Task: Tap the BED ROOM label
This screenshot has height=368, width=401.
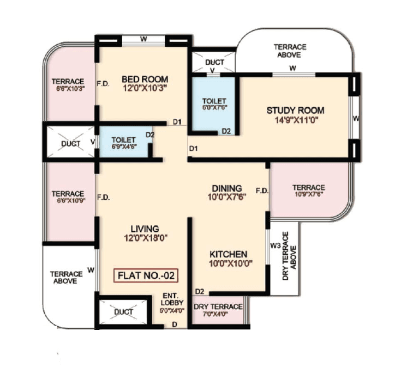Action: (x=145, y=78)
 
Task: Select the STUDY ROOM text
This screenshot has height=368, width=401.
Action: (x=292, y=111)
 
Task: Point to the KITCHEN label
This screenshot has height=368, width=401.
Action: (x=229, y=254)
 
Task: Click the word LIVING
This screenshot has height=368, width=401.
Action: (x=145, y=228)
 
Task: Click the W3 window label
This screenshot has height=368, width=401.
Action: (x=275, y=246)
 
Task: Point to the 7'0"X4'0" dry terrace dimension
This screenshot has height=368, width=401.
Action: (x=218, y=315)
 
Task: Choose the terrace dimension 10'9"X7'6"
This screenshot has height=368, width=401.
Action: (x=308, y=194)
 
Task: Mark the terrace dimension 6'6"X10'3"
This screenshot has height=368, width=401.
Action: (x=68, y=88)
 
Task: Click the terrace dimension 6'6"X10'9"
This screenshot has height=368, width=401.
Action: (x=68, y=200)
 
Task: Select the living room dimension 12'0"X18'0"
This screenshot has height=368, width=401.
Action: (x=145, y=237)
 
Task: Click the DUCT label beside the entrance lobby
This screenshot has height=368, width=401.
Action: (x=123, y=312)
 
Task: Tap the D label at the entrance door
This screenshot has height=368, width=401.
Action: (x=174, y=324)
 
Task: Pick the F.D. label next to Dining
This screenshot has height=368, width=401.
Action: (x=261, y=191)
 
